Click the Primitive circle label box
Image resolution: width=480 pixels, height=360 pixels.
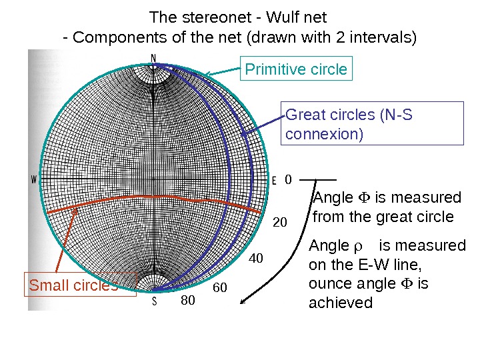click(x=296, y=69)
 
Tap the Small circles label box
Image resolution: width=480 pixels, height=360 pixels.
click(x=80, y=285)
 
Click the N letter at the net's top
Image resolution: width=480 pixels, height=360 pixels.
click(x=154, y=58)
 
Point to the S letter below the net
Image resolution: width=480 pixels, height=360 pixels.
click(x=155, y=301)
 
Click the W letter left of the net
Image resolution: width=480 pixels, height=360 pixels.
click(x=34, y=179)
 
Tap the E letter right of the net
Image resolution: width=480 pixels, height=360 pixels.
click(x=274, y=180)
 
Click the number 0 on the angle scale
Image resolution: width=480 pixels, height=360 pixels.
click(x=288, y=179)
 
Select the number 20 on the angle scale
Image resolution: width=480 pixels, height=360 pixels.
click(x=280, y=221)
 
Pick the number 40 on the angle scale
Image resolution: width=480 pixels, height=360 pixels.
click(x=257, y=257)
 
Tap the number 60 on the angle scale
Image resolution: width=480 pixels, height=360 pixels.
click(x=219, y=288)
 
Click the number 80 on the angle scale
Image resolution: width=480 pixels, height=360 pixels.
click(x=188, y=301)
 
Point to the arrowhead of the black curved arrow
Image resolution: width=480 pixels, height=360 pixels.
click(x=243, y=301)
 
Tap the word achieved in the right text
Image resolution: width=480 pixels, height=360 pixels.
click(x=341, y=303)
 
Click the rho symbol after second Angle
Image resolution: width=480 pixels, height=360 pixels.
click(x=357, y=246)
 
